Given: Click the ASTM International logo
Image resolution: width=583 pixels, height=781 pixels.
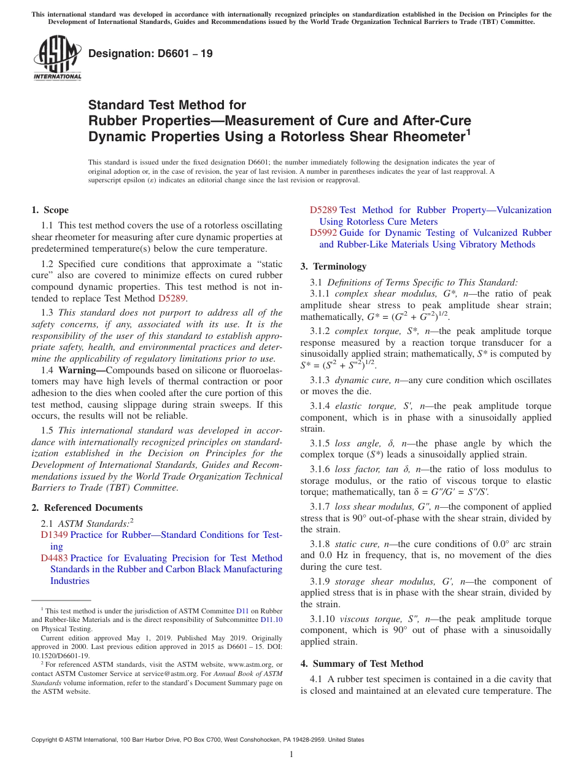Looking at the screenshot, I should pos(57,58).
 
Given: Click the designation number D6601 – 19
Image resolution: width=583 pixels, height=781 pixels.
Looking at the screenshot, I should pos(151,53).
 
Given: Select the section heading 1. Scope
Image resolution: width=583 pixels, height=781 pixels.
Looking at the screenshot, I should pos(50,210).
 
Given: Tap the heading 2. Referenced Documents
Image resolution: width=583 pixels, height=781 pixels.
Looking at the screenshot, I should pos(87,508).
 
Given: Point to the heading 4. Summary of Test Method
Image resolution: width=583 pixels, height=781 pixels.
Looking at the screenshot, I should pos(361,664).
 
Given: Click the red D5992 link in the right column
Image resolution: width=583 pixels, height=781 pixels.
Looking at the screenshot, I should pos(323,233).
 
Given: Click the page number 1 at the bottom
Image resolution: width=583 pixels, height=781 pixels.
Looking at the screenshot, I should pos(291,755).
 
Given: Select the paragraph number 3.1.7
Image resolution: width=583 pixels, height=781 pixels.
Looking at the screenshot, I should pos(320,507).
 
